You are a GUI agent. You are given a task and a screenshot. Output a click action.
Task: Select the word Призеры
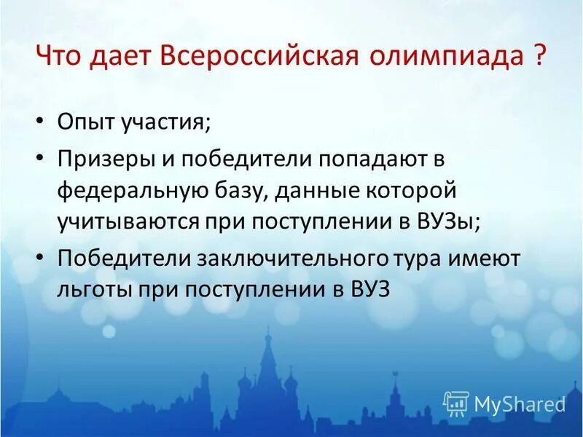[x=105, y=158]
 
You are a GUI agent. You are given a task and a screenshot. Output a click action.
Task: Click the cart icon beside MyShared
[x=455, y=403]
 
